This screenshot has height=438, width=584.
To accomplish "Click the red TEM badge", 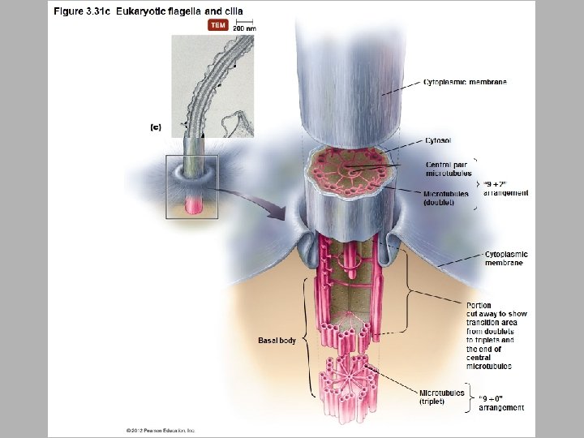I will pyautogui.click(x=218, y=25).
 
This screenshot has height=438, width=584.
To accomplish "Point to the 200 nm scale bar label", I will pyautogui.click(x=244, y=28).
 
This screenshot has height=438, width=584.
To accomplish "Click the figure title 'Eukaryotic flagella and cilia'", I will pyautogui.click(x=179, y=11).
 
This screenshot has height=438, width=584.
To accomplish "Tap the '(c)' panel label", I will pyautogui.click(x=157, y=126).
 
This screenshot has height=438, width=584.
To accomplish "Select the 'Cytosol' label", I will pyautogui.click(x=439, y=140).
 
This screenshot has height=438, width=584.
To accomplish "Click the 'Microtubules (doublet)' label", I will pyautogui.click(x=446, y=198).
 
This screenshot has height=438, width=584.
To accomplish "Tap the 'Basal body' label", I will pyautogui.click(x=277, y=340).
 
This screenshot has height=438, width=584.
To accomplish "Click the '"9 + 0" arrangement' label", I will pyautogui.click(x=501, y=402).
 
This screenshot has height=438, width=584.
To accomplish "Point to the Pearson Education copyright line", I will pyautogui.click(x=161, y=429).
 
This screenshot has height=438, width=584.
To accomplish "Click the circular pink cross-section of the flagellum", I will pyautogui.click(x=351, y=172).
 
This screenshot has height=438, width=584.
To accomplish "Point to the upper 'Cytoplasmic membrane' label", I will pyautogui.click(x=466, y=82).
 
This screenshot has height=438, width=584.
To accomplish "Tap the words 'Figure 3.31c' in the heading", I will pyautogui.click(x=83, y=11).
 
